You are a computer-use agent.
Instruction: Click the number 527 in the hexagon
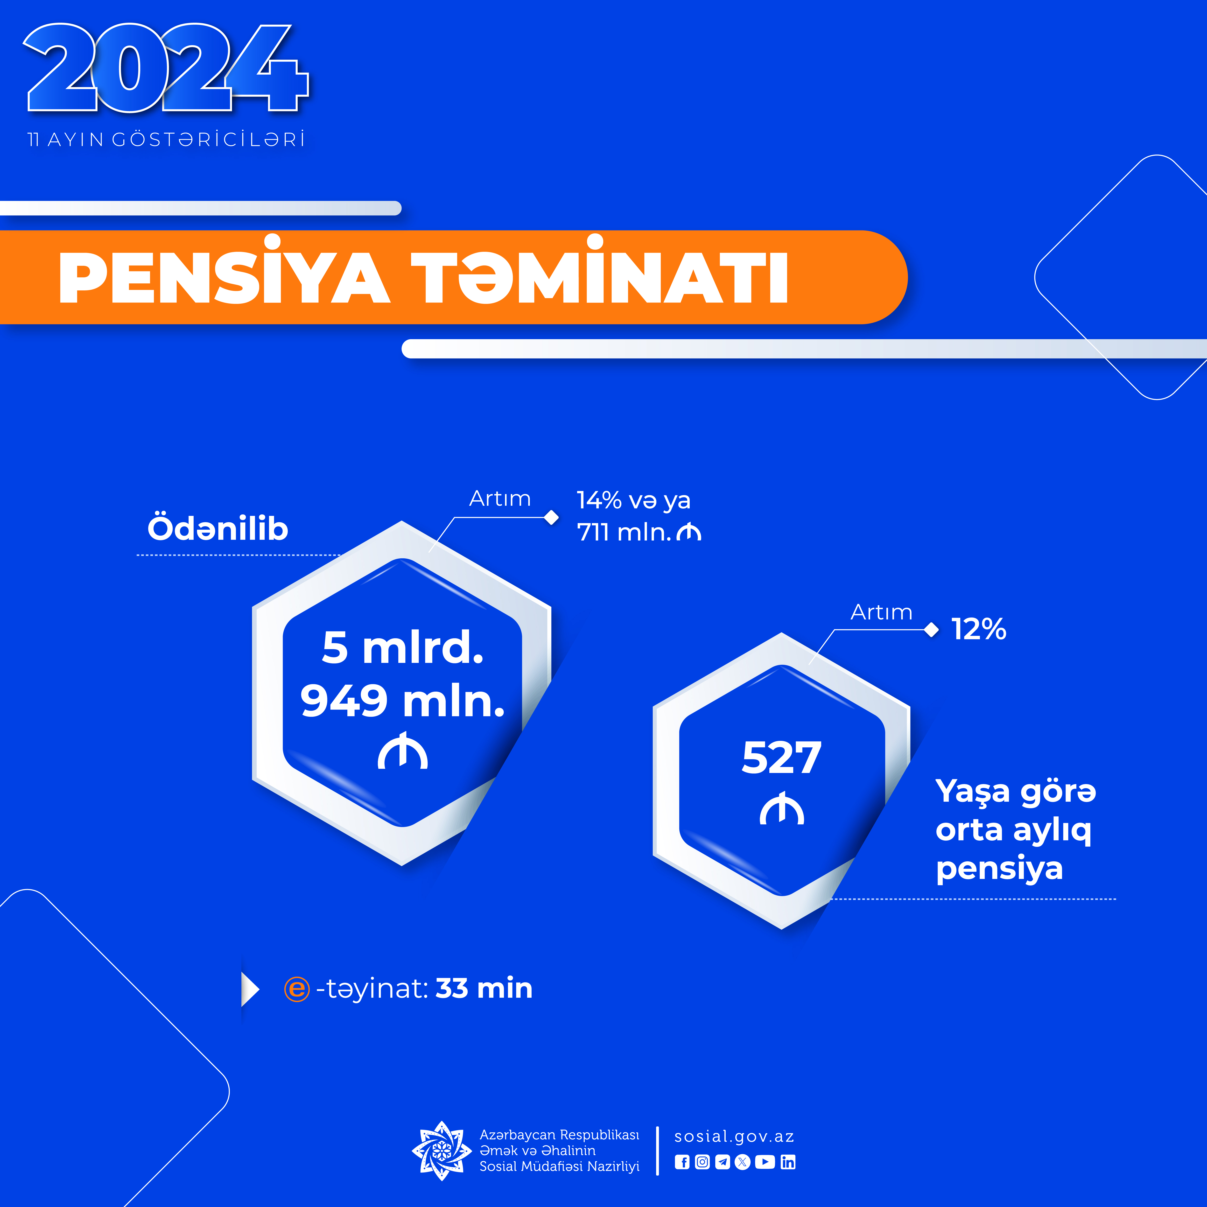[x=782, y=758]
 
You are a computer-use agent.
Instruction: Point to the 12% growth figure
[x=978, y=629]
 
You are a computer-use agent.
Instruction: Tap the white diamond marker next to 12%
[x=932, y=630]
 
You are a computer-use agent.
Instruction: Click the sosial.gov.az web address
[x=734, y=1137]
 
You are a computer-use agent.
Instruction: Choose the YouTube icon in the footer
[x=765, y=1162]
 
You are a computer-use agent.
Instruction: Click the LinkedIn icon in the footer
[x=788, y=1162]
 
